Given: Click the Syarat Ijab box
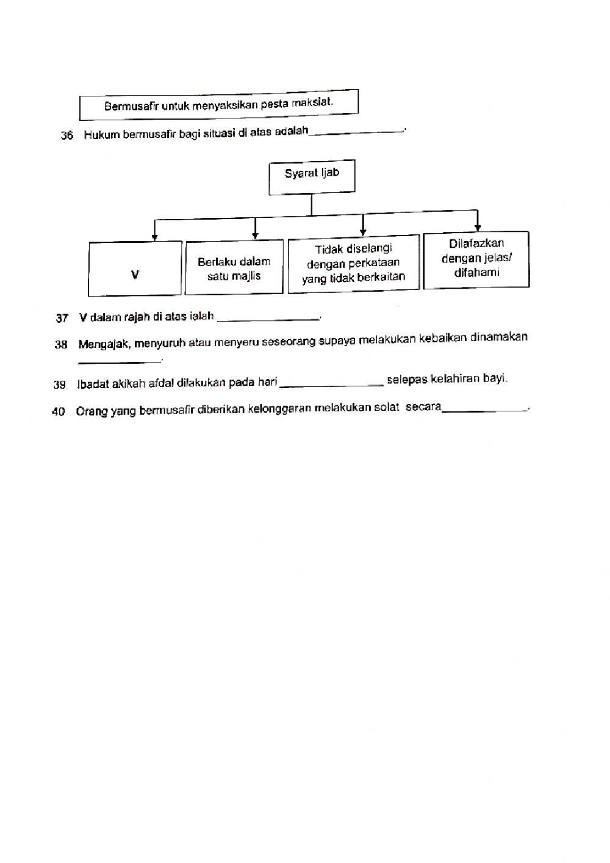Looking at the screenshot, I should click(x=312, y=178).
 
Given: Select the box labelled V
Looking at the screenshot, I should click(x=135, y=269).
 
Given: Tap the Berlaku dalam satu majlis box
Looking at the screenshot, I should click(x=234, y=269).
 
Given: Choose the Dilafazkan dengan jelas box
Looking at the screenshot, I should click(x=476, y=259).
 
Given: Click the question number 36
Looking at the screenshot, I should click(x=66, y=135).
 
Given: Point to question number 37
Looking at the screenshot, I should click(x=62, y=318).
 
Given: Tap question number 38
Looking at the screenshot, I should click(x=60, y=345).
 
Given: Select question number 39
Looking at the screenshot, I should click(x=59, y=385).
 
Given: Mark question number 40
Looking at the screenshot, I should click(x=59, y=412).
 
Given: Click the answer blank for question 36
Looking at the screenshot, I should click(x=356, y=131).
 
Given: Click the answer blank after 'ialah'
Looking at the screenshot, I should click(x=268, y=317).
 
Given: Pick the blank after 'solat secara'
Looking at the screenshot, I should click(x=484, y=410).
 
